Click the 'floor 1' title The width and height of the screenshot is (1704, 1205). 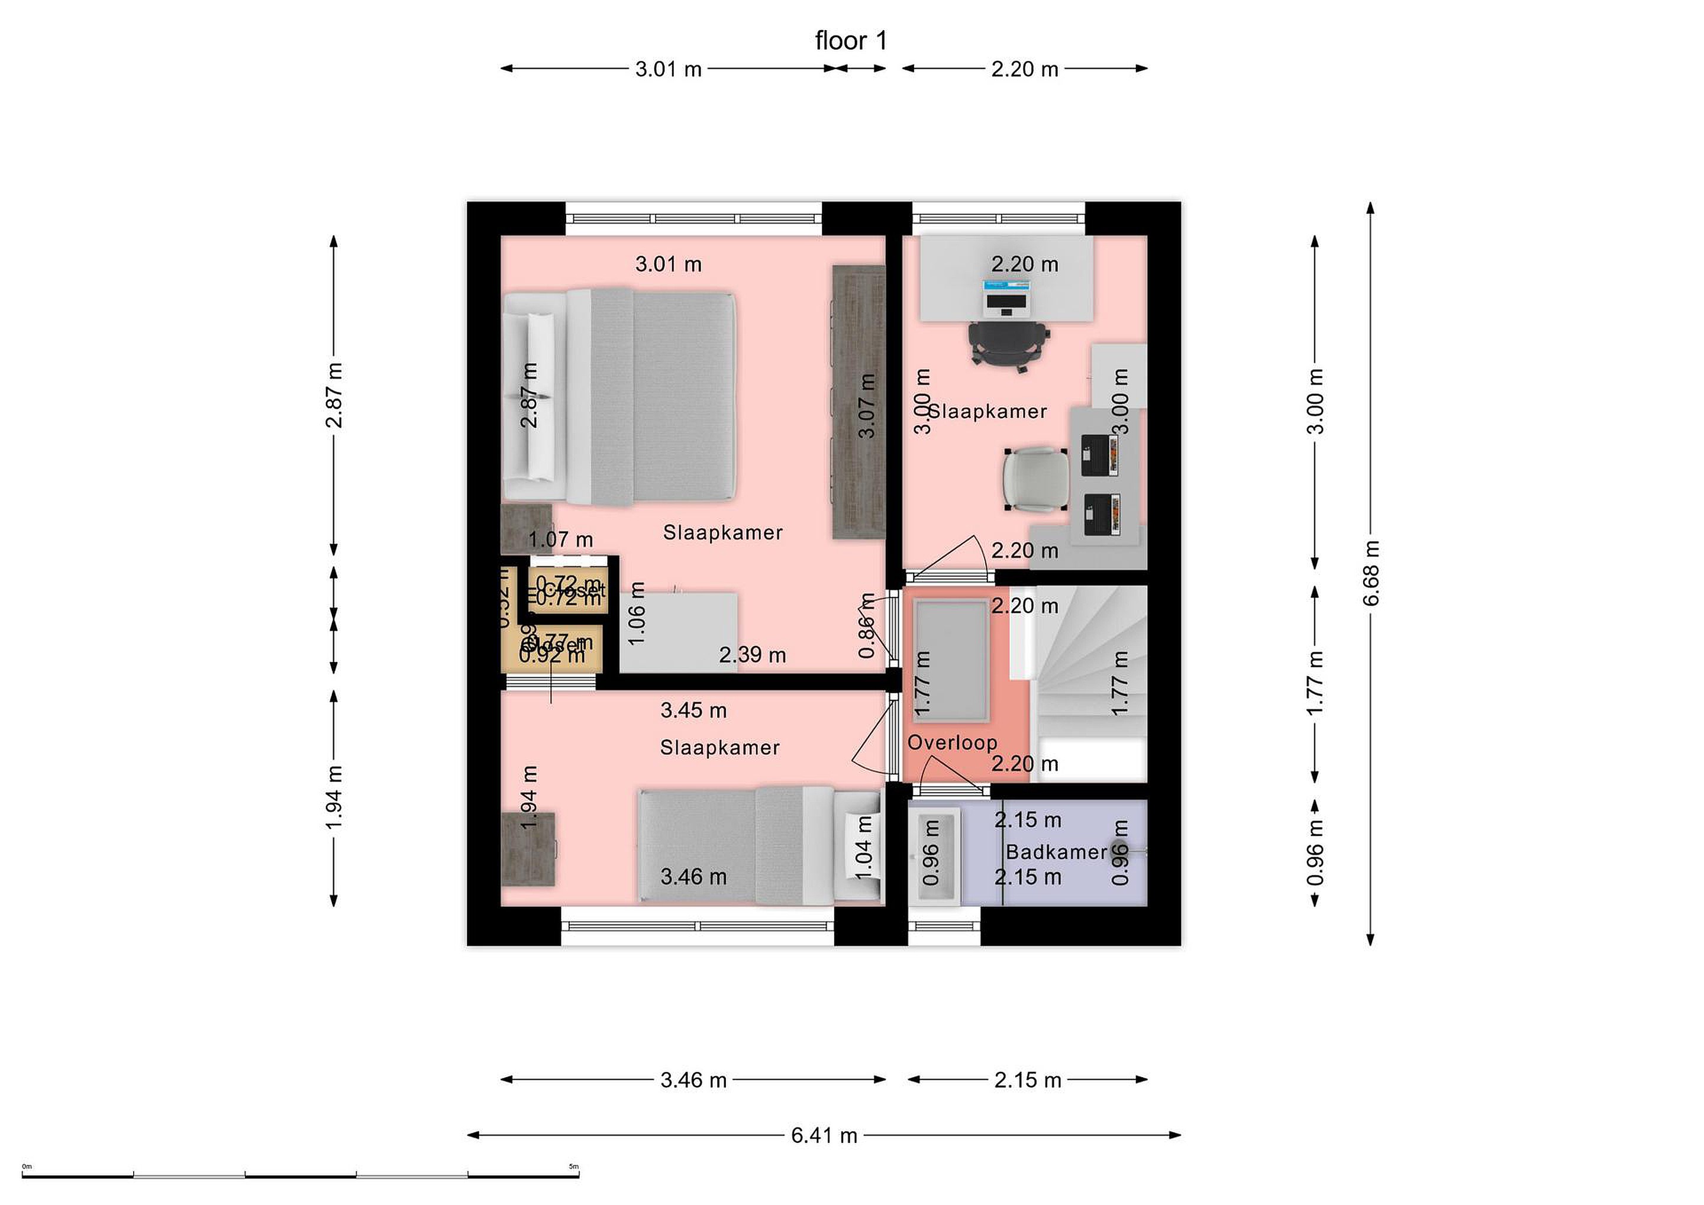coord(850,41)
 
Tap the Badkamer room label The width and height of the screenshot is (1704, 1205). coord(1056,852)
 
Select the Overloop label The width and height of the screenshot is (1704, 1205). coord(952,743)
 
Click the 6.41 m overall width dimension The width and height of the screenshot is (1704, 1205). coord(824,1136)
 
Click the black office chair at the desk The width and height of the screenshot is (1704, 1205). coord(1009,344)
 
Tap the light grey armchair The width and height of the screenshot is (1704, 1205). coord(1036,480)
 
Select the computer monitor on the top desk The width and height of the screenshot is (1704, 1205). coord(1006,297)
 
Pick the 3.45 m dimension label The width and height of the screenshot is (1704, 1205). coord(693,711)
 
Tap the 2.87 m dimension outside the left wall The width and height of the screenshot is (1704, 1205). coord(334,396)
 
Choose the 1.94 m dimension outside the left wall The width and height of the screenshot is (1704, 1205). coord(334,797)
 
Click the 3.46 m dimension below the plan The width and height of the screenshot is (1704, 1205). coord(693,1080)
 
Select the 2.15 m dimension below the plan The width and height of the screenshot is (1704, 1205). coord(1027,1080)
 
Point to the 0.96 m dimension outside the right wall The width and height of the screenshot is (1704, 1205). coord(1315,852)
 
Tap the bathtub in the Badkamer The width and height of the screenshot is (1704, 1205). coord(934,853)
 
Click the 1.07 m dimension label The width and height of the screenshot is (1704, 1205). coord(560,539)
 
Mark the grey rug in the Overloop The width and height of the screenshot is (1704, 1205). coord(951,660)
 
